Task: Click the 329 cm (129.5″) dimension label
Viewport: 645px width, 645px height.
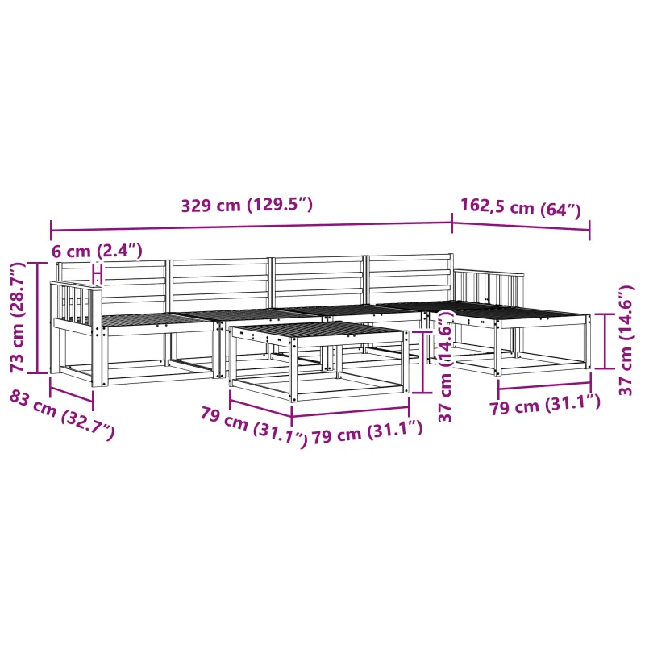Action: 247,205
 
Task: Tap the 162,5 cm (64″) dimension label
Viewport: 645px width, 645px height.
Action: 520,207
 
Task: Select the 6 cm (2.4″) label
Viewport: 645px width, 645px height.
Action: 97,251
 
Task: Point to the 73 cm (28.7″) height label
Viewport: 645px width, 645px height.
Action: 17,317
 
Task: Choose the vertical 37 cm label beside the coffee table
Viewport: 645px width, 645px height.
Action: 446,366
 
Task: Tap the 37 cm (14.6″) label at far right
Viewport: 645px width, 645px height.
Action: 626,340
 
